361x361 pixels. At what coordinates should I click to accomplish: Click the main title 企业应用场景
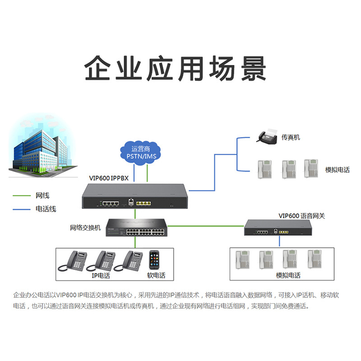[176, 69]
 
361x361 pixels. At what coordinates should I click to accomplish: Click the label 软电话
[156, 275]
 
